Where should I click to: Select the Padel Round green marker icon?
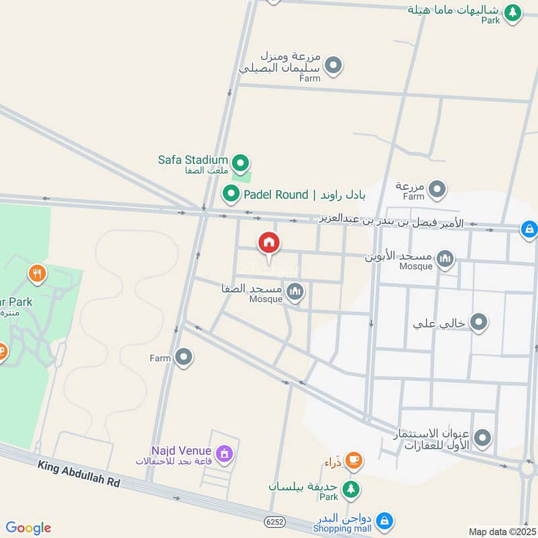(231, 194)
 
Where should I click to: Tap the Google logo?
(28, 528)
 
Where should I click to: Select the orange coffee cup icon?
(352, 461)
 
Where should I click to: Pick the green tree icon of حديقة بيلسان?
(350, 489)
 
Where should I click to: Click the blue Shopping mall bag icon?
(384, 521)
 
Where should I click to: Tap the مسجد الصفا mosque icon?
(295, 292)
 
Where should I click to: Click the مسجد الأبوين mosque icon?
(445, 258)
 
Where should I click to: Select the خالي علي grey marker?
(479, 323)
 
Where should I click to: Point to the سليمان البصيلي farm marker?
(333, 66)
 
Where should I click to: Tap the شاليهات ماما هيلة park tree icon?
(512, 12)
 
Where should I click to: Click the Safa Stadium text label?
(193, 159)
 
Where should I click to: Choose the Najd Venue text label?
(182, 451)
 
